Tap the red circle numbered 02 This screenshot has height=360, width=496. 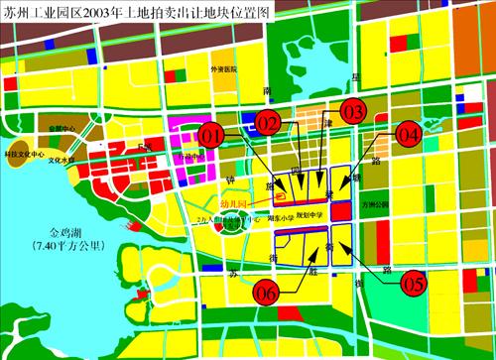click(268, 121)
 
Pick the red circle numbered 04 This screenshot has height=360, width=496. click(409, 132)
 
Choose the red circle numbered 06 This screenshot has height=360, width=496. click(265, 293)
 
